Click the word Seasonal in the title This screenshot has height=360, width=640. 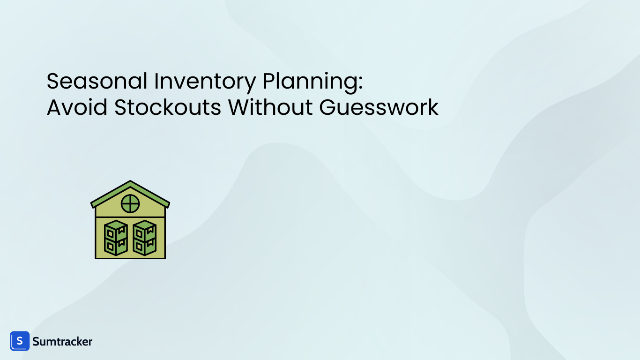tap(97, 81)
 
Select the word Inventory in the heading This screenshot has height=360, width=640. tap(205, 81)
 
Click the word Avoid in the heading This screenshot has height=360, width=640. tap(77, 107)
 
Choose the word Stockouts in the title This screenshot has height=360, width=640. tap(168, 107)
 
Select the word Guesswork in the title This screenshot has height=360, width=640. tap(379, 108)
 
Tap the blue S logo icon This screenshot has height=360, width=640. tap(20, 341)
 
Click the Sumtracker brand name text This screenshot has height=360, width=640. tap(62, 342)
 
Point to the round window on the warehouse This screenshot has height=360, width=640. tap(130, 204)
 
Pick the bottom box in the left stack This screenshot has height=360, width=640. tap(116, 246)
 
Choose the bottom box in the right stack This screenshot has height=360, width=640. tap(144, 246)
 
